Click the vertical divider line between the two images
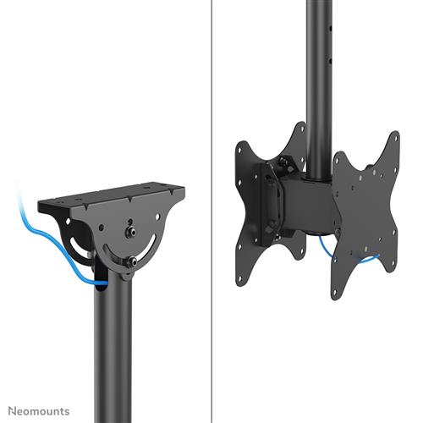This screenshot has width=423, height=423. tap(210, 211)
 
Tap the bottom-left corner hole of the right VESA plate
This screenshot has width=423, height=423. tap(337, 292)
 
